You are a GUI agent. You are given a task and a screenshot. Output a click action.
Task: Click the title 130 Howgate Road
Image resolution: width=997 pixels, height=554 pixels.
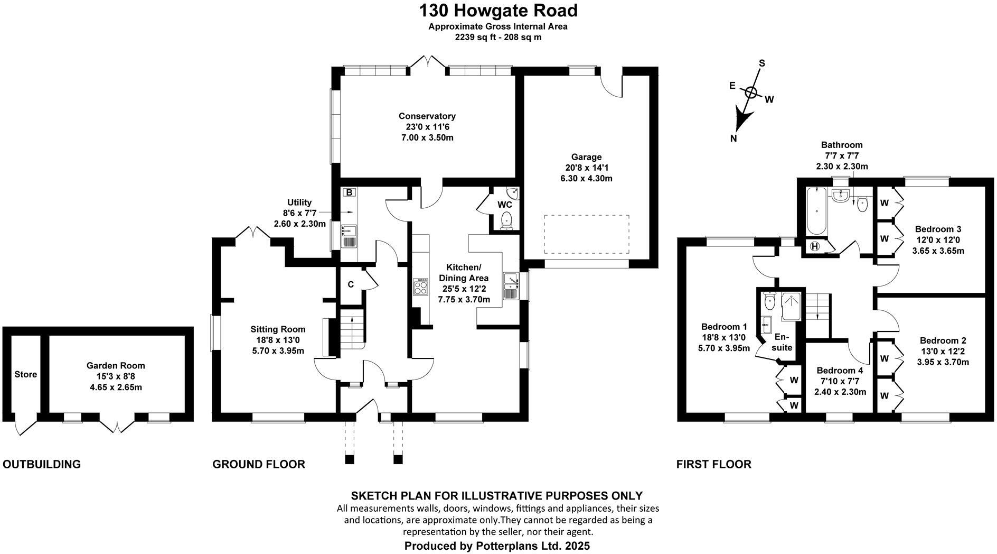click(x=498, y=11)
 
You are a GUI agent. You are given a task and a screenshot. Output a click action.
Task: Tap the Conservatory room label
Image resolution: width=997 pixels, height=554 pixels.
click(x=427, y=116)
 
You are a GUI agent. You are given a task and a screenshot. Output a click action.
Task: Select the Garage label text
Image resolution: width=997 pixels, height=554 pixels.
click(x=586, y=157)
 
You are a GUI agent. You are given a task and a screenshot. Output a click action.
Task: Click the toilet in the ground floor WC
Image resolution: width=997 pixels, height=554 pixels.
click(x=506, y=220)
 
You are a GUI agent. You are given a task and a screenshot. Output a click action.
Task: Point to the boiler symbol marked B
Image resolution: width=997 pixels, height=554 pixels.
click(x=349, y=193)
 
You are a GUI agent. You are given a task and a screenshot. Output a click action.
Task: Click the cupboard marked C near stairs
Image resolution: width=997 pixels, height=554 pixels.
click(x=350, y=285)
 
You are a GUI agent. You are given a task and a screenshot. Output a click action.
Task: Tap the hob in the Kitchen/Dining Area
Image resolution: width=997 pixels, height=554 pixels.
click(x=421, y=287)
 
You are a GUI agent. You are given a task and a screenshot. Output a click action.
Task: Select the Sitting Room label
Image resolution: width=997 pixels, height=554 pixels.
click(x=278, y=329)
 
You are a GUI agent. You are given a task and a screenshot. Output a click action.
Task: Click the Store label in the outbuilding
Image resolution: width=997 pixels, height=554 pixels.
click(x=25, y=374)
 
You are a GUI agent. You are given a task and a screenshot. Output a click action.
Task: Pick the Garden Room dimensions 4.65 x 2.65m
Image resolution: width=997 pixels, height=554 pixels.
click(x=116, y=387)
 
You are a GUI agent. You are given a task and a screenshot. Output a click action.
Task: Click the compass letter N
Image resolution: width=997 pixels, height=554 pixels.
click(x=733, y=138)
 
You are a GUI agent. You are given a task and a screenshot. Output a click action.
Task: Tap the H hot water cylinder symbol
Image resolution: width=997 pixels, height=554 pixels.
click(x=815, y=246)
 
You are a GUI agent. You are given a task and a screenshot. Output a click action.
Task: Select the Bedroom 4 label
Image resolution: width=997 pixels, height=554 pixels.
click(x=840, y=371)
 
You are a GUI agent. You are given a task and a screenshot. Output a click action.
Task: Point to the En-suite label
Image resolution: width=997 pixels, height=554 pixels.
click(x=782, y=342)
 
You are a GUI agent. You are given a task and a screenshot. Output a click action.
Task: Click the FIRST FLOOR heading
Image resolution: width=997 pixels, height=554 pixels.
click(x=713, y=465)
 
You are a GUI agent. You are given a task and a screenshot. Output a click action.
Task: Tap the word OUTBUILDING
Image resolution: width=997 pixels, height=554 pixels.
click(x=42, y=465)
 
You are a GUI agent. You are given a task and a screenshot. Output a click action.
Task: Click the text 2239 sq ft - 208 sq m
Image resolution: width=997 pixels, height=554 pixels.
click(x=498, y=38)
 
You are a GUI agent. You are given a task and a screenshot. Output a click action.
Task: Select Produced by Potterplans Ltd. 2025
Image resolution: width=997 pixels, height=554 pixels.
click(x=497, y=546)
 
